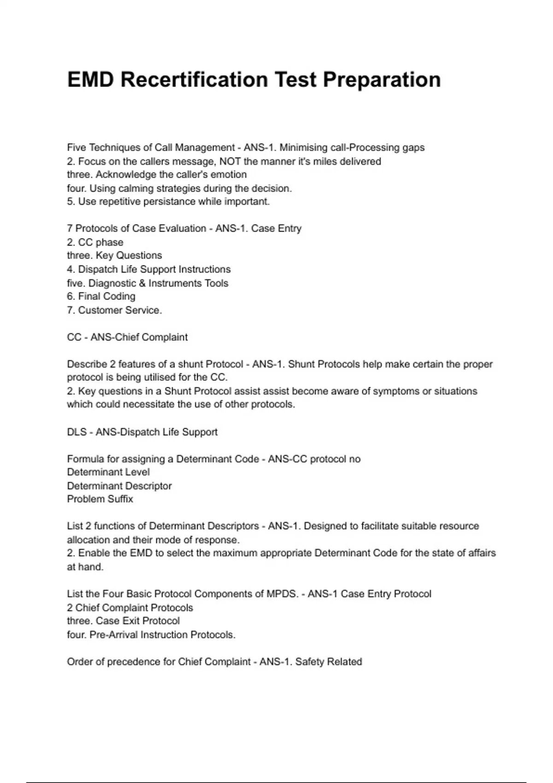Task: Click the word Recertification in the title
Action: [194, 80]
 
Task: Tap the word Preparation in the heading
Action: [382, 80]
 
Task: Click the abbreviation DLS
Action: [77, 432]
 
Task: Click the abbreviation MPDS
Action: [282, 594]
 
